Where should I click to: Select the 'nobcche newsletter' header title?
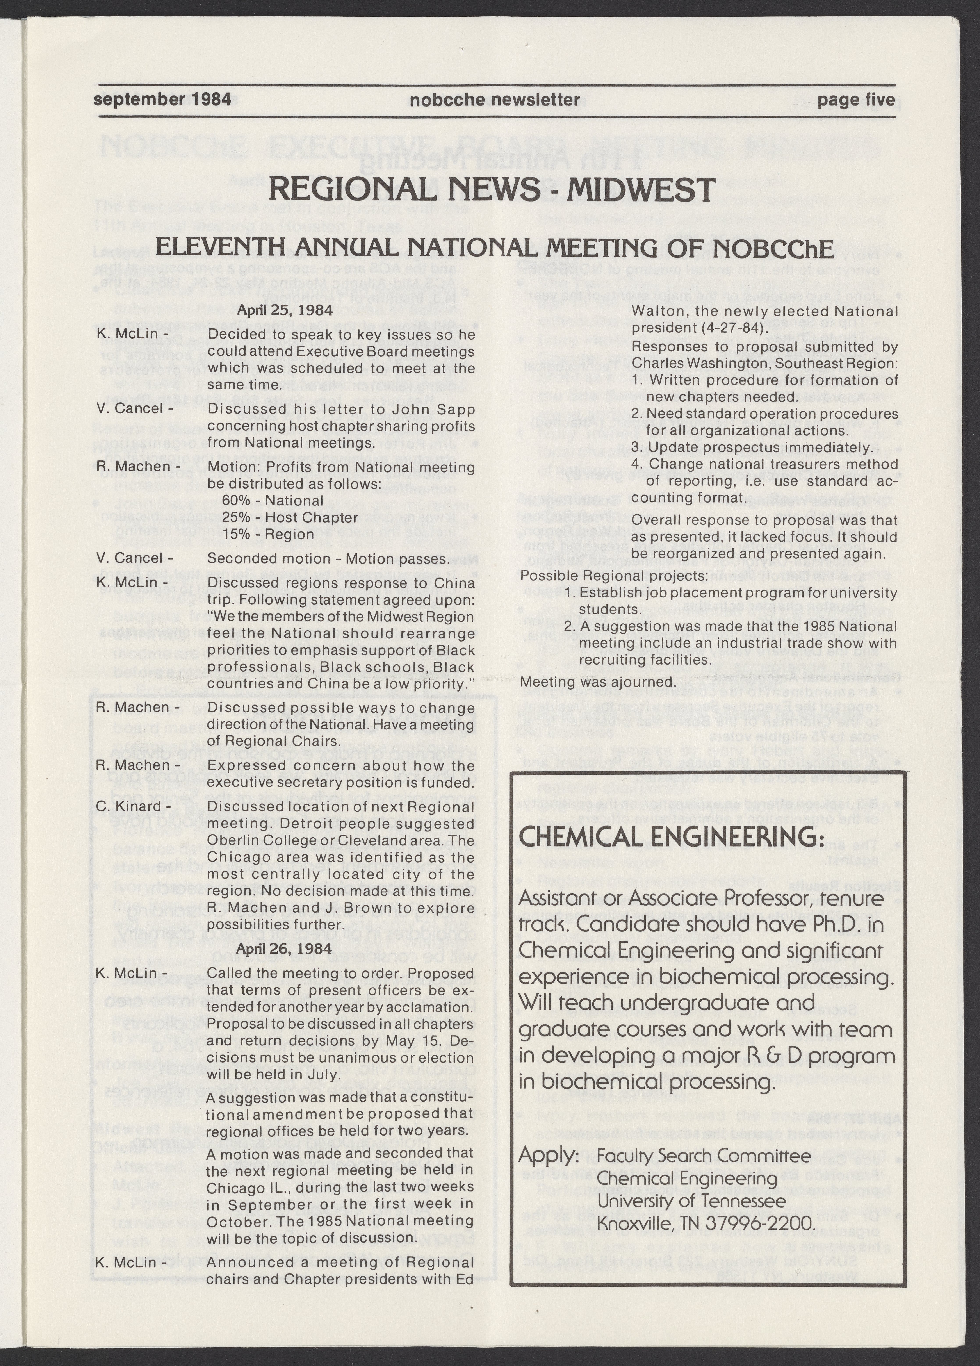coord(495,99)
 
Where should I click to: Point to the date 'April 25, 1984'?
coord(285,311)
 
